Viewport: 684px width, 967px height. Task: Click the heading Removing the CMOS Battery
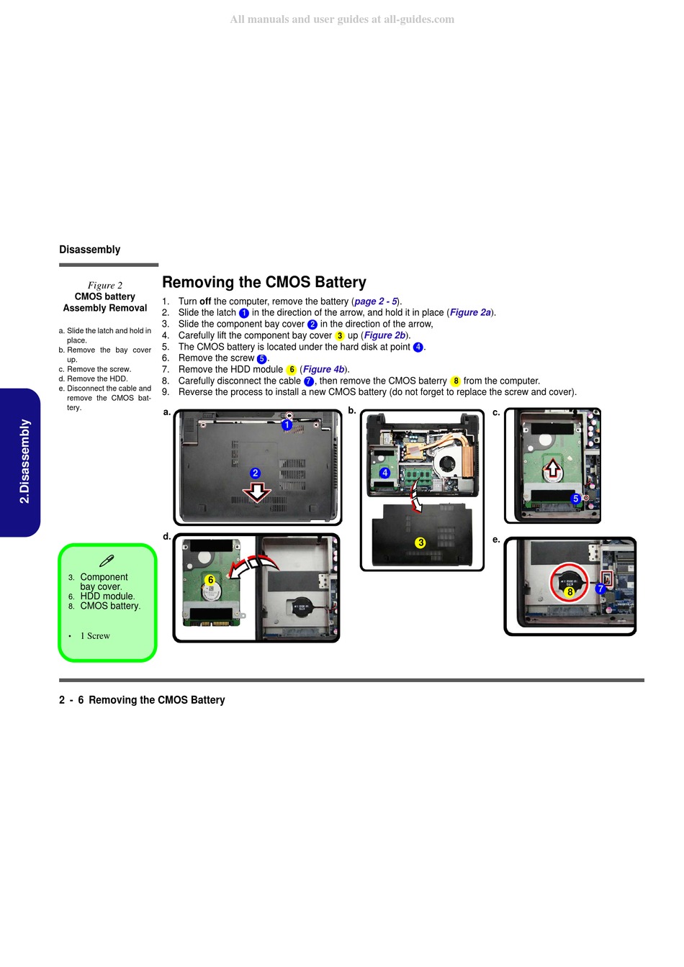tap(264, 282)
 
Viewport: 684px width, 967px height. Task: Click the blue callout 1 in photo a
tap(287, 425)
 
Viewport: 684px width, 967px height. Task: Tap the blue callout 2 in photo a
tap(255, 473)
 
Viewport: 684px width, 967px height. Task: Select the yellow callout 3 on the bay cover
tap(420, 542)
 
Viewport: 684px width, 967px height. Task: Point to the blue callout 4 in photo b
tap(384, 473)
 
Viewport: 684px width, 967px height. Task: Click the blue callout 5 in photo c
tap(575, 499)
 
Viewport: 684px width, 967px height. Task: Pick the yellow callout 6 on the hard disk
tap(210, 579)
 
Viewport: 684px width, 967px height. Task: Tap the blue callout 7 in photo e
tap(600, 589)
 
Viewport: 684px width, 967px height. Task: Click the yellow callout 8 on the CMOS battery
tap(570, 592)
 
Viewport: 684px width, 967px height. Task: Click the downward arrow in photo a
tap(257, 492)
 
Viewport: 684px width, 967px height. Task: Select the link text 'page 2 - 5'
tap(376, 301)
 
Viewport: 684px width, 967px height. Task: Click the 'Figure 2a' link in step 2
tap(470, 312)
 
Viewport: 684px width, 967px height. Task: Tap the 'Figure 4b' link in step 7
tap(323, 369)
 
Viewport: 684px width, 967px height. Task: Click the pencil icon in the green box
tap(107, 560)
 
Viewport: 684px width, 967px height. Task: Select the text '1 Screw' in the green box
tap(95, 636)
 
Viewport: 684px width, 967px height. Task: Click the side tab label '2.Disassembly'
tap(24, 461)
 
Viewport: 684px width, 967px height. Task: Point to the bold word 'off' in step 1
tap(205, 301)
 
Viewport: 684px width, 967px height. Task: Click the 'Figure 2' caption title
tap(105, 285)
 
